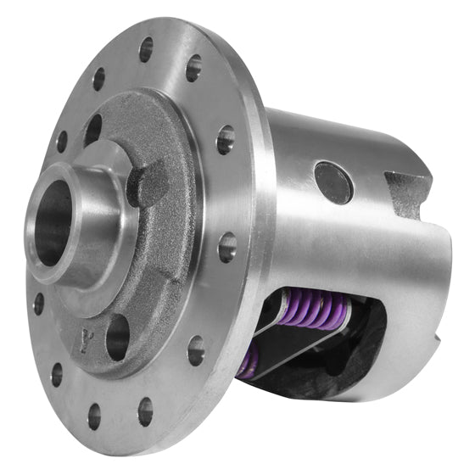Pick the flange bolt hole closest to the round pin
pos(226,138)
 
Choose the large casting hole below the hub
pos(118,337)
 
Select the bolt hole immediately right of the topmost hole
pos(194,68)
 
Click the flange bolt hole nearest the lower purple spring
pos(196,349)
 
